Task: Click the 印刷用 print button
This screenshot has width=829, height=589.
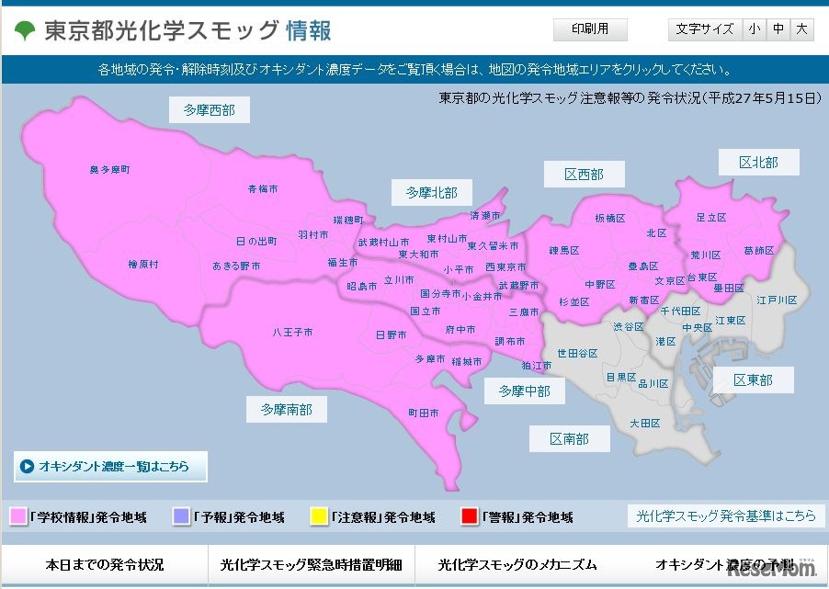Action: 590,30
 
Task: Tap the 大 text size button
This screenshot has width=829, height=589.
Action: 802,30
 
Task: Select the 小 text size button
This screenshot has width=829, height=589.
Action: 754,30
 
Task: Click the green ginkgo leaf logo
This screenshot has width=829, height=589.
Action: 25,31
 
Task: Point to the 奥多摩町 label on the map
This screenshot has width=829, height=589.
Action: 109,170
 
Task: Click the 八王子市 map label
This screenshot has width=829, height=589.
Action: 293,332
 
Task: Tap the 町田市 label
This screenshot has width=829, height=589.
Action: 423,413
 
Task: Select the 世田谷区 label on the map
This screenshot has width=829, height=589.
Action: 577,353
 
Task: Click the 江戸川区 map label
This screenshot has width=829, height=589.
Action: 777,300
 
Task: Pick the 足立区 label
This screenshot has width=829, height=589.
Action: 710,218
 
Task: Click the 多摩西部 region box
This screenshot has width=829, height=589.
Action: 210,110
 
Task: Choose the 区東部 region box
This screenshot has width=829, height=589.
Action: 753,379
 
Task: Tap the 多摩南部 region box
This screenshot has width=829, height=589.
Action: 286,409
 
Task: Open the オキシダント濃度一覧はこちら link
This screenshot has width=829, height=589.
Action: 111,467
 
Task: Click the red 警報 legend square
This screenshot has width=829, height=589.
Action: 468,517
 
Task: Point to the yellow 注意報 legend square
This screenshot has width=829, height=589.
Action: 320,517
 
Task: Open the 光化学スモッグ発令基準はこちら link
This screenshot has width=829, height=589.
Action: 726,516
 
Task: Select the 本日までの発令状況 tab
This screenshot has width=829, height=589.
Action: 105,565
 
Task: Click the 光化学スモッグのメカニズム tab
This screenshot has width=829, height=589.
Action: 517,565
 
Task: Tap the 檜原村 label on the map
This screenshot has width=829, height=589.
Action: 143,265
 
